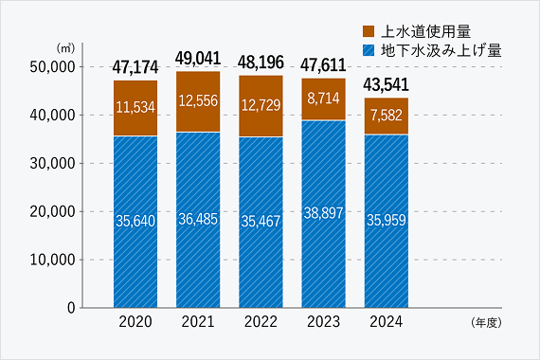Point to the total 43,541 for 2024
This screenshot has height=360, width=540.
click(x=386, y=85)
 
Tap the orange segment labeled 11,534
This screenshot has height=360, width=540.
click(x=135, y=107)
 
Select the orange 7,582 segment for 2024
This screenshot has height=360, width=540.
click(x=386, y=116)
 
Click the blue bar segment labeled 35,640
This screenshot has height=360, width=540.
click(x=135, y=220)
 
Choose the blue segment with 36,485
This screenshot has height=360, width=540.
click(x=198, y=219)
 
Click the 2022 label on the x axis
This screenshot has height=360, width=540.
click(x=261, y=322)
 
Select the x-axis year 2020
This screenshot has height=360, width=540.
click(x=135, y=322)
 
